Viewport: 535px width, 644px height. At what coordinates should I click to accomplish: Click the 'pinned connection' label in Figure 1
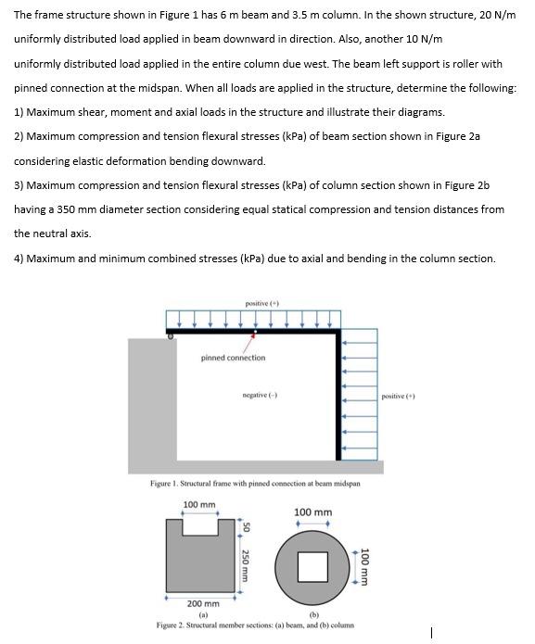tap(233, 358)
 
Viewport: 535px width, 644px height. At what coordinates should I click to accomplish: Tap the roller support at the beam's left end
tap(171, 336)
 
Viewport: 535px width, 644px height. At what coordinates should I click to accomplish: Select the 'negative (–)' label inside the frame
tap(261, 395)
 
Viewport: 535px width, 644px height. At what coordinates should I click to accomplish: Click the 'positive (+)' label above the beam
tap(262, 304)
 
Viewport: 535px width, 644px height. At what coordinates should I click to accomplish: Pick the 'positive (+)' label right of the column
tap(398, 396)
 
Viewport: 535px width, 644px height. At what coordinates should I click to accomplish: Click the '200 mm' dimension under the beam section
tap(203, 604)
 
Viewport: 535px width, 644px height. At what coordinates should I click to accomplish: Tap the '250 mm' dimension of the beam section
tap(245, 565)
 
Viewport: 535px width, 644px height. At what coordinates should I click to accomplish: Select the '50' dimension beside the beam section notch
tap(246, 528)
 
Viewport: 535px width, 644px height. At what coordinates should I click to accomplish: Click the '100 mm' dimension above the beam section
tap(199, 504)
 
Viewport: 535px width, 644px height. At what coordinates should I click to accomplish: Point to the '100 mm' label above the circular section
tap(313, 512)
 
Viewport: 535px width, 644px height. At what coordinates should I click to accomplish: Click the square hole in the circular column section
tap(312, 567)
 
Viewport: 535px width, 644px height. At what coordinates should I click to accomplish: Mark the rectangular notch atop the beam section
tap(200, 527)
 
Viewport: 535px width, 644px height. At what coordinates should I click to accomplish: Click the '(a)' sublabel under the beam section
tap(203, 615)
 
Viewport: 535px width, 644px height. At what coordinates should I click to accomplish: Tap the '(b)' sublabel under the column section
tap(314, 615)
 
